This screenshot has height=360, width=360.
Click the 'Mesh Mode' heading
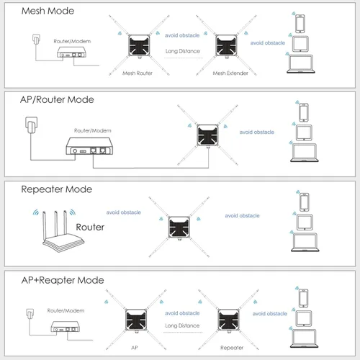click(x=48, y=11)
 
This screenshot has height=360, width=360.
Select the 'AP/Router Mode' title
click(x=57, y=99)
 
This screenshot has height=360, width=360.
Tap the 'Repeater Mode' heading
click(x=57, y=189)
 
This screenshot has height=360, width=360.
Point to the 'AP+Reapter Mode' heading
click(x=63, y=280)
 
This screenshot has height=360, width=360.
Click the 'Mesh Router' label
click(x=138, y=73)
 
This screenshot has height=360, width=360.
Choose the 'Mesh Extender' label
click(x=230, y=73)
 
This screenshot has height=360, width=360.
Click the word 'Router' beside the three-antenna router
click(x=90, y=227)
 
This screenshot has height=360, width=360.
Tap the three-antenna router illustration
click(x=59, y=231)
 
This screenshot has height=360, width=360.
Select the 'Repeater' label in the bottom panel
click(x=232, y=348)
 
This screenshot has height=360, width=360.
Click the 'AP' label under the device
click(x=135, y=347)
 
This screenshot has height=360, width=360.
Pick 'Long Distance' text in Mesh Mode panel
click(x=183, y=51)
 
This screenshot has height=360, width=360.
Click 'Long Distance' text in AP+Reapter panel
click(x=182, y=325)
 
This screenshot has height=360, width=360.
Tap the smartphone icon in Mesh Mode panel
click(x=300, y=24)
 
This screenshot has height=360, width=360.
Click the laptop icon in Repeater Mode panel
click(x=305, y=242)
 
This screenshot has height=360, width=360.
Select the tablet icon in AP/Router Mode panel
click(x=304, y=132)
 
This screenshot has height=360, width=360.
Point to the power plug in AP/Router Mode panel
click(x=32, y=125)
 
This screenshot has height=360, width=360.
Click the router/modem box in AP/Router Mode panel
click(x=89, y=146)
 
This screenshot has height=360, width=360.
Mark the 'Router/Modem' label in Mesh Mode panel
click(x=72, y=41)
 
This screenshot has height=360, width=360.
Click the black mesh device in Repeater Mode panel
click(x=179, y=227)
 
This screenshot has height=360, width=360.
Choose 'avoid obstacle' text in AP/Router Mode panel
click(x=257, y=132)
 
